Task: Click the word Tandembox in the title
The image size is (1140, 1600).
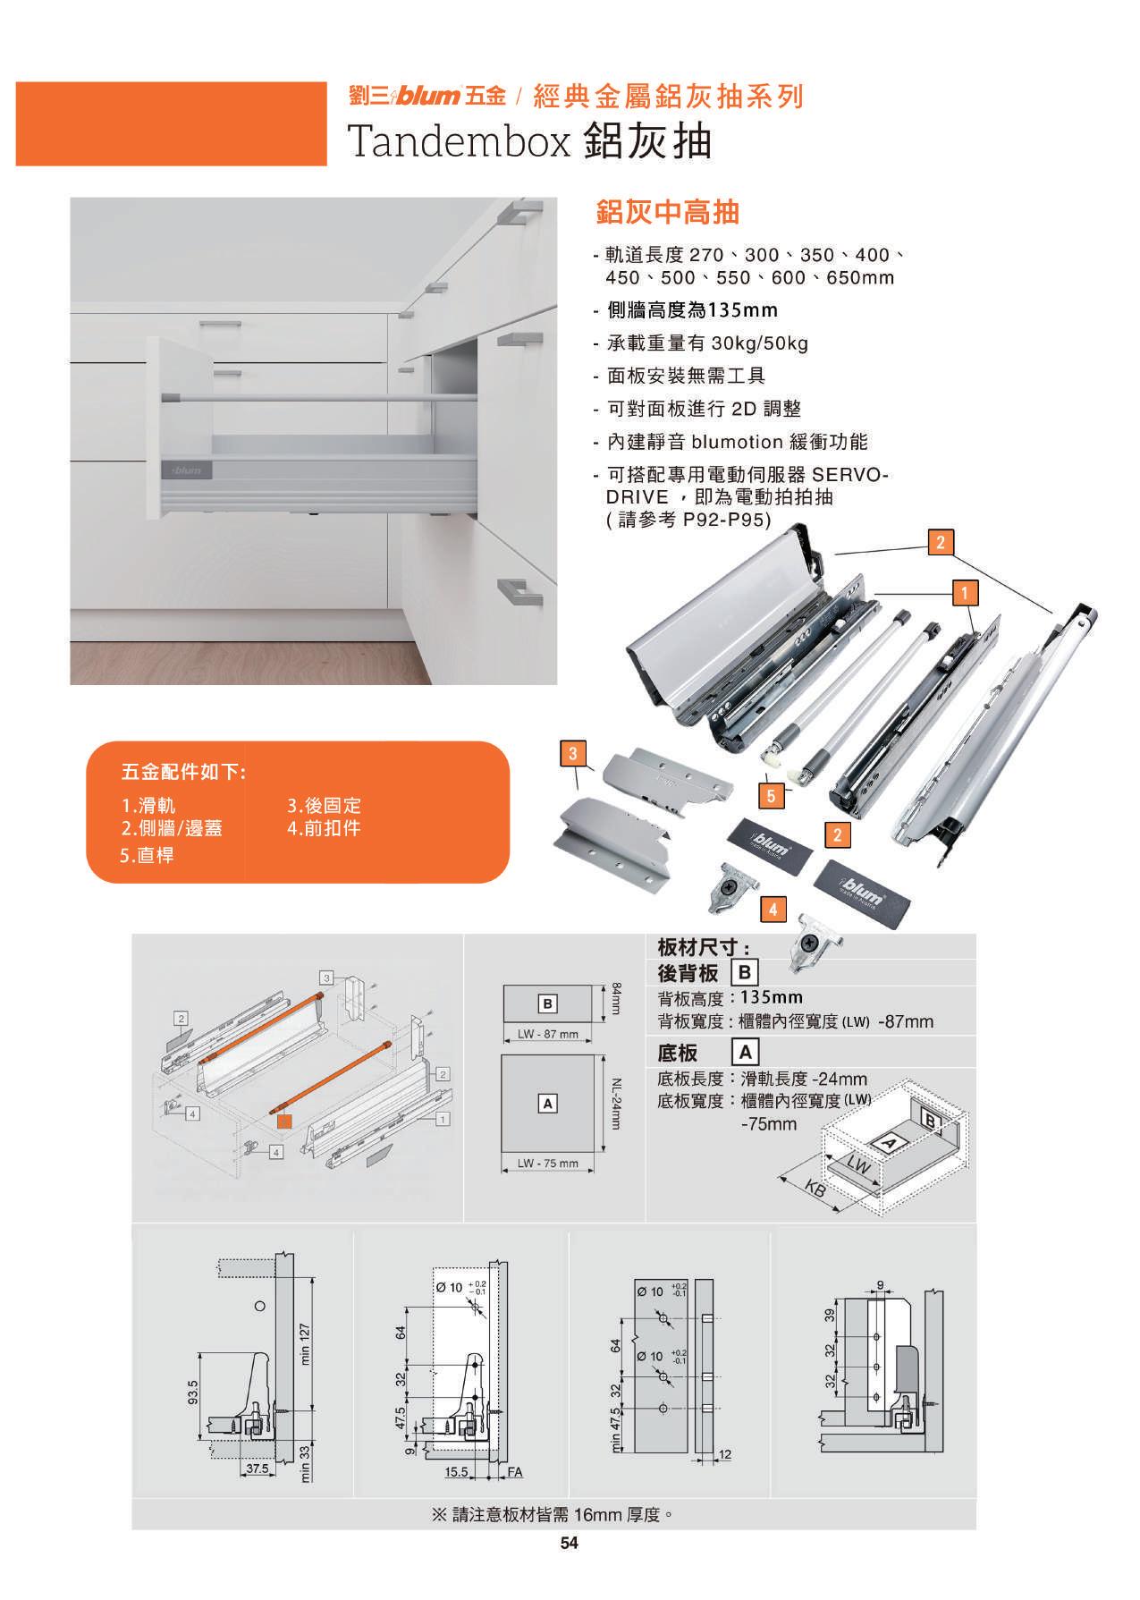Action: [459, 140]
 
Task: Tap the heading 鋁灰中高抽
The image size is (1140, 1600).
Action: [667, 212]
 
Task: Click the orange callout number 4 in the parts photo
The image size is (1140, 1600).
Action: [773, 910]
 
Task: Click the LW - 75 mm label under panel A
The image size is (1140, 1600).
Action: [548, 1163]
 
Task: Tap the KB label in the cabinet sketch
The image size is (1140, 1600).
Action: [815, 1188]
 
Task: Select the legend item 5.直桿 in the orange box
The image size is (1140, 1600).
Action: [147, 855]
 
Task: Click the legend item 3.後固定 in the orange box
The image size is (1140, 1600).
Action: [324, 806]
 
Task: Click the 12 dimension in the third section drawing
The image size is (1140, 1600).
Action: [725, 1455]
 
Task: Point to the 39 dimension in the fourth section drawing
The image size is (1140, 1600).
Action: [828, 1316]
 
